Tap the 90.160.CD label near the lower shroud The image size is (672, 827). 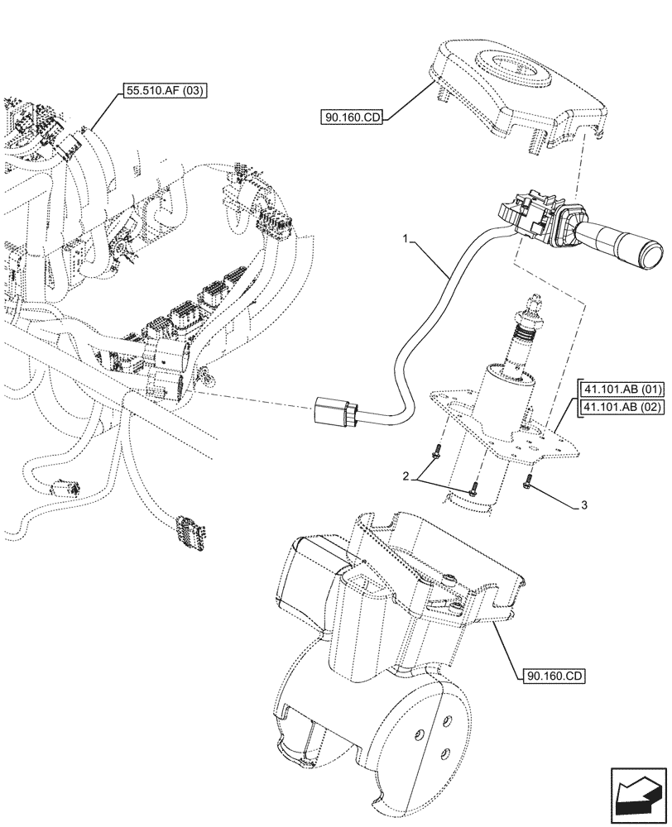point(554,676)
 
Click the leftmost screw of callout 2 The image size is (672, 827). point(437,453)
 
